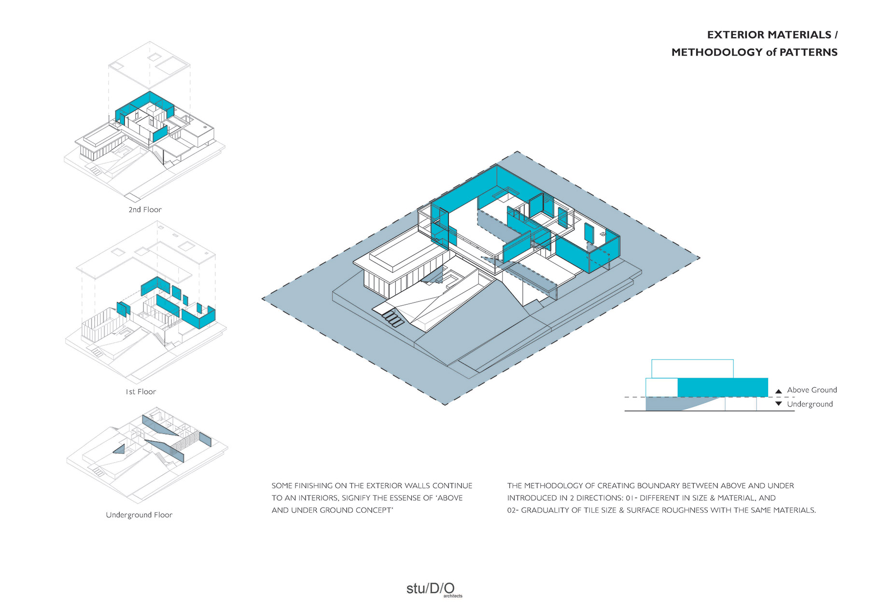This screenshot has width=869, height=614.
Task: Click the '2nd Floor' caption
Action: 145,210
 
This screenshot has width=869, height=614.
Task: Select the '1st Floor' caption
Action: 141,392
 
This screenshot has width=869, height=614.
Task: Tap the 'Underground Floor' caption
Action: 139,515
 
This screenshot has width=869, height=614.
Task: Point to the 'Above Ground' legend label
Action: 812,390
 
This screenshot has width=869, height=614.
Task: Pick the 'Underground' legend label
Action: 810,404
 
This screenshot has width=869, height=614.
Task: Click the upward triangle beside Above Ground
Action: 778,391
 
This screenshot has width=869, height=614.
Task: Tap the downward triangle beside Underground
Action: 778,404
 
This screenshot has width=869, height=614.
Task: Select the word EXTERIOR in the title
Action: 736,35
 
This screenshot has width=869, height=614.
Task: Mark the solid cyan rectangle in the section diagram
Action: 723,387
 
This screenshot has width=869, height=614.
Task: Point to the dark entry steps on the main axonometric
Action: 393,319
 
